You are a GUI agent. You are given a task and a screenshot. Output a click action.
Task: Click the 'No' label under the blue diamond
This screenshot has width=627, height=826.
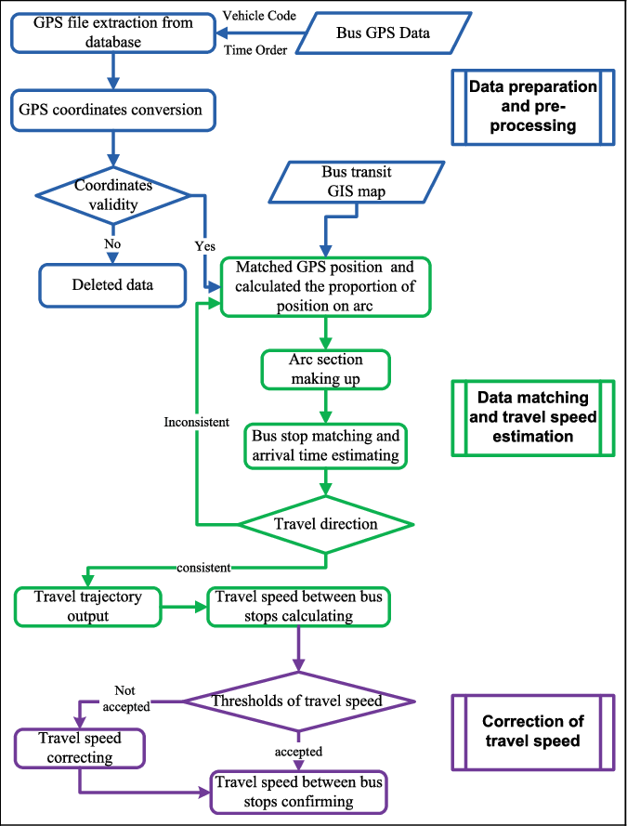pyautogui.click(x=112, y=244)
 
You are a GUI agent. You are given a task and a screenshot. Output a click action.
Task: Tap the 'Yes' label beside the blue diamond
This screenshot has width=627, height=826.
pyautogui.click(x=204, y=246)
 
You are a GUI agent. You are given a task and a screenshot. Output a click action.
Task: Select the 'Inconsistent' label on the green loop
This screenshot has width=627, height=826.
pyautogui.click(x=196, y=422)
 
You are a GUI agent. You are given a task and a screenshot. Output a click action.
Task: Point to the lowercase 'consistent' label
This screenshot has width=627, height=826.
pyautogui.click(x=203, y=567)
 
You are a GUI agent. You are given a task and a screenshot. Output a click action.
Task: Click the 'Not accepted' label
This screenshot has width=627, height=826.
pyautogui.click(x=125, y=699)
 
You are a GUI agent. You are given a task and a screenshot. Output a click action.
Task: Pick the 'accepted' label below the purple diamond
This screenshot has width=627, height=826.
pyautogui.click(x=298, y=751)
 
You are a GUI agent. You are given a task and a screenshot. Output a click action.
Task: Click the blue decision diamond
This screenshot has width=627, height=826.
pyautogui.click(x=112, y=195)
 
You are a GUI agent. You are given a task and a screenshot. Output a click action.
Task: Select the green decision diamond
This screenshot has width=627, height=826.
pyautogui.click(x=326, y=525)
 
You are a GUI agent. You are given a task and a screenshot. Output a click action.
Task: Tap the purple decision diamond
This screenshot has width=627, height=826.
pyautogui.click(x=298, y=701)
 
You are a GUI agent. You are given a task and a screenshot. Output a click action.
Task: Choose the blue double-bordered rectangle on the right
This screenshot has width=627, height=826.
pyautogui.click(x=533, y=107)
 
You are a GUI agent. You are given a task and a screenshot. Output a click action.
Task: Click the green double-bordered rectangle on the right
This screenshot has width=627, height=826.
pyautogui.click(x=533, y=418)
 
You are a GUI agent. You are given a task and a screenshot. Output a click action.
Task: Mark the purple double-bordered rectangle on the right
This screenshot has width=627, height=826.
pyautogui.click(x=533, y=732)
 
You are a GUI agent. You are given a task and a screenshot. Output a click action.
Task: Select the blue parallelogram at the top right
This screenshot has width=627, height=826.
pyautogui.click(x=384, y=33)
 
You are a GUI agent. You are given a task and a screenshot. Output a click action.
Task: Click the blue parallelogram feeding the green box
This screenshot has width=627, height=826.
pyautogui.click(x=357, y=182)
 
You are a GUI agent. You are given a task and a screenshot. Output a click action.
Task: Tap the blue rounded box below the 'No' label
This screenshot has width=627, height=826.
pyautogui.click(x=112, y=285)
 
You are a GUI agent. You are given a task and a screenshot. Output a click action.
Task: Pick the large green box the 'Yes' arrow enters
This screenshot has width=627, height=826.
pyautogui.click(x=326, y=287)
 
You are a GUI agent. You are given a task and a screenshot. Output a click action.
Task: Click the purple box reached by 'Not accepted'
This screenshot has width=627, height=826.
pyautogui.click(x=80, y=748)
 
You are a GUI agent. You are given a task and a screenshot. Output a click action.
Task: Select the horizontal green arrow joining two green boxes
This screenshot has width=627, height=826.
pyautogui.click(x=184, y=607)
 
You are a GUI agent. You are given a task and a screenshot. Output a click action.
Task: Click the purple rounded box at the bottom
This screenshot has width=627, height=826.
pyautogui.click(x=298, y=793)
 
